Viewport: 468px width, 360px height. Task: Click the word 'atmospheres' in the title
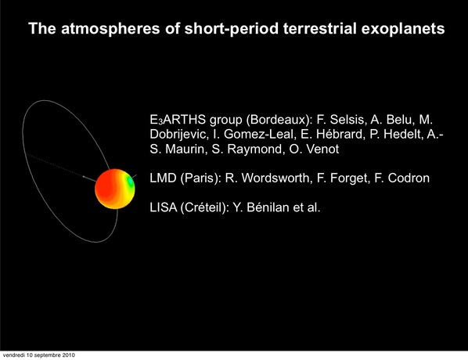pos(110,29)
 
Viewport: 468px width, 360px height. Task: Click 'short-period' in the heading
pos(232,29)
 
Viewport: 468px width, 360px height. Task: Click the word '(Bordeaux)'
pos(279,120)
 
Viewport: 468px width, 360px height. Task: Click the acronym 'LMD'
pos(163,178)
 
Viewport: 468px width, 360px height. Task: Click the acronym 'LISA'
pos(164,207)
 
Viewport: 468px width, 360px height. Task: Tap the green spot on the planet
pos(131,181)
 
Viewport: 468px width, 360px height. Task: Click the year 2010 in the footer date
pos(69,355)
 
